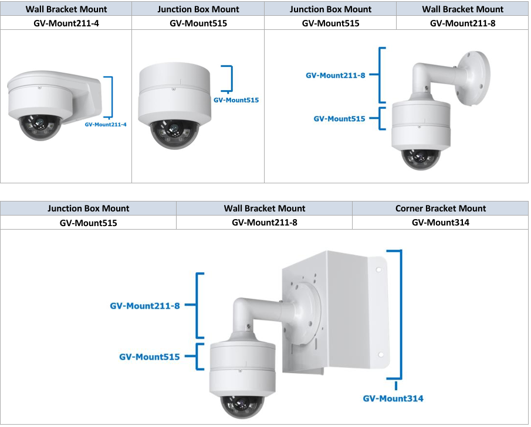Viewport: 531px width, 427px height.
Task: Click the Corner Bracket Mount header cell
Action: point(441,209)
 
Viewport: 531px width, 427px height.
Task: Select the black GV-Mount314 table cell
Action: point(441,223)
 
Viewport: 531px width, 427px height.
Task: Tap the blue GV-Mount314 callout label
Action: point(393,398)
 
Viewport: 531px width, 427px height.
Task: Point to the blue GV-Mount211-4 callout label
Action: point(106,125)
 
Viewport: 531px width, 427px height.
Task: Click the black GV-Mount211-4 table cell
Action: point(66,23)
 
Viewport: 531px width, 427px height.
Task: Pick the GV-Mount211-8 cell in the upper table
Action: point(462,23)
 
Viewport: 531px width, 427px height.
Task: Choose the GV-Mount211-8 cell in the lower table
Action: point(265,223)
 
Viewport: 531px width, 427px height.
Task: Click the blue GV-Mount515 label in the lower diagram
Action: point(149,356)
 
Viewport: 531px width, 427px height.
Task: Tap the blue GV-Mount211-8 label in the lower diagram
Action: point(145,306)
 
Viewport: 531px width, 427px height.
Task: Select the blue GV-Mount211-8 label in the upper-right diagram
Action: point(336,76)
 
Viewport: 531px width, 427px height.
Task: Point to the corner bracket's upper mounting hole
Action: point(379,271)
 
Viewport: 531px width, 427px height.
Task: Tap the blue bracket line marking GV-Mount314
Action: point(401,316)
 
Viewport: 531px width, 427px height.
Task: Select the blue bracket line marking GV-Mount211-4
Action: point(110,97)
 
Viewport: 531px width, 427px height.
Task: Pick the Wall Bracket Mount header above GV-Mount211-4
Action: point(66,9)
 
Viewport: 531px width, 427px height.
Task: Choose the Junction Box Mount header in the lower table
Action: point(89,209)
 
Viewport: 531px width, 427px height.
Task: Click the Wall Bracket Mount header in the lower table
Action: point(265,209)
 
